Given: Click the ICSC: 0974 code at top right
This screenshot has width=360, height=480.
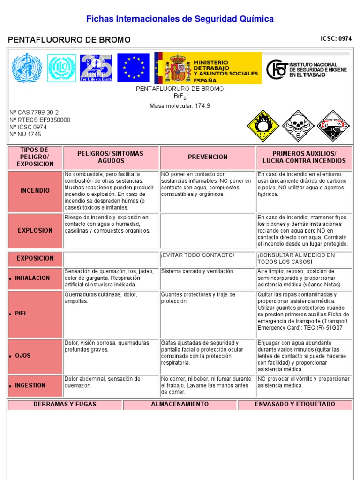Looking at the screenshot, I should (x=336, y=39).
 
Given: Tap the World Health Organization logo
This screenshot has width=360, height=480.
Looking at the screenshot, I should (x=27, y=68).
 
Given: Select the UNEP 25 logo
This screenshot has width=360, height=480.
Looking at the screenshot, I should (x=96, y=68).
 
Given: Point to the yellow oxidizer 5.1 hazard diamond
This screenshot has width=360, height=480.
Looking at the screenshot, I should (x=263, y=126).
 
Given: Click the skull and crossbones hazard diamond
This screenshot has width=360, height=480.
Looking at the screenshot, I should (x=298, y=126).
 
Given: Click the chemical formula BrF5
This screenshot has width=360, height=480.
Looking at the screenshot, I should (x=180, y=97).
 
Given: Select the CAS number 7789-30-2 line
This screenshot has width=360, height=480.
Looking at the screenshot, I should (x=34, y=112).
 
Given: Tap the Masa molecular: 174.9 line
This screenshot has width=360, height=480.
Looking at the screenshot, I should (x=180, y=106).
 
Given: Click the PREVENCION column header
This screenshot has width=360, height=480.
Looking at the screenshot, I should (x=208, y=157).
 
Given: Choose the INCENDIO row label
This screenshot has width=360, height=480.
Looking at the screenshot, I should (x=35, y=191).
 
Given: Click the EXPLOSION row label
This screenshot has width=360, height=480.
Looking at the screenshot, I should (x=35, y=231).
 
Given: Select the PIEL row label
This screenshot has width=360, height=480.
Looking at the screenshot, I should (x=21, y=314).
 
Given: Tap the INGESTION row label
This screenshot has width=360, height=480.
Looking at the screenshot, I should (x=30, y=386).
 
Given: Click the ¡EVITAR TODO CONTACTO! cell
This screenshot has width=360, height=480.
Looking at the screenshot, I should (x=197, y=255).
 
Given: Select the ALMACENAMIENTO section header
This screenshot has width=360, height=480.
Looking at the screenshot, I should (x=180, y=405).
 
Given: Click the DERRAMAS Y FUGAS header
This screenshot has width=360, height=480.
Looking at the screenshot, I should (x=65, y=405).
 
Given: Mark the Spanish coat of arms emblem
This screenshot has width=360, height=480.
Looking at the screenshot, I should (x=180, y=68).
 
